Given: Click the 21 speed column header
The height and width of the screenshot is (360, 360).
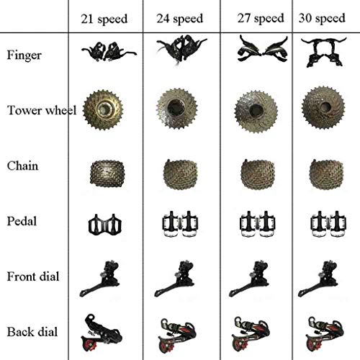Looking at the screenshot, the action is pos(104,19).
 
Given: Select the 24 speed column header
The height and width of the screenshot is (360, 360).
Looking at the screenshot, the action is pos(180,19).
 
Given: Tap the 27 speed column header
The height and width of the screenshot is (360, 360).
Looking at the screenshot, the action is pos(261,18).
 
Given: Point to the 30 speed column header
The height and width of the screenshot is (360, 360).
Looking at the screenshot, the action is pos(322,18).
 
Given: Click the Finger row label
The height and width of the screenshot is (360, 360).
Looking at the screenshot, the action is pos(24,55).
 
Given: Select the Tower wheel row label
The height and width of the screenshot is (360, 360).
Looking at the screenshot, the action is pos(42,110).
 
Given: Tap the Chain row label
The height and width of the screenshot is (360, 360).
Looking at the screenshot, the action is pos(22,166).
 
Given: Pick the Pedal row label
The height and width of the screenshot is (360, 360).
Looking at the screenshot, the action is pos(22,221).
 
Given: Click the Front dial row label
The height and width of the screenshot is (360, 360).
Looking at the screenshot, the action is pos(33,276).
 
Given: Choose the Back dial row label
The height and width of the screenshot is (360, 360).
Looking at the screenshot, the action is pos(32,332).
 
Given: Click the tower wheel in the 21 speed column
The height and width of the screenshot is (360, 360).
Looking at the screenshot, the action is pos(103,110).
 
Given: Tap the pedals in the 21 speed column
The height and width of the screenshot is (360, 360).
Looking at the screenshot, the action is pos(105,225).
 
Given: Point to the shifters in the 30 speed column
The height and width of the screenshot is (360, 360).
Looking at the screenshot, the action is pos(324,52).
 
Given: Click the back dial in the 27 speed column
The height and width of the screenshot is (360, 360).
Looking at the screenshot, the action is pos(251,333).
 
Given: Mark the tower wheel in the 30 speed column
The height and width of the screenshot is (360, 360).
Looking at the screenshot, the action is pos(323,107).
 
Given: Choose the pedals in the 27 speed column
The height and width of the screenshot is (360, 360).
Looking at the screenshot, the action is pos(257,224).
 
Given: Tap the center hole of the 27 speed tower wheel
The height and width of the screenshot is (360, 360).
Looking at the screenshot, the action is pos(256,110).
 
